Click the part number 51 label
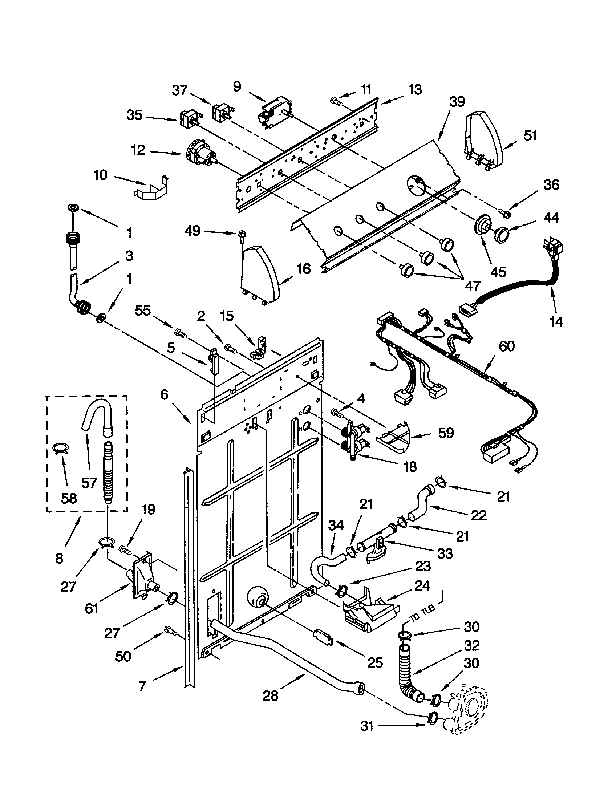[x=530, y=135]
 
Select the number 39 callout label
[x=457, y=102]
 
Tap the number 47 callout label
[x=472, y=285]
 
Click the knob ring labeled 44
[x=502, y=234]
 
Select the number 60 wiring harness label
[x=507, y=346]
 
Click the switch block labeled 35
[x=189, y=118]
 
